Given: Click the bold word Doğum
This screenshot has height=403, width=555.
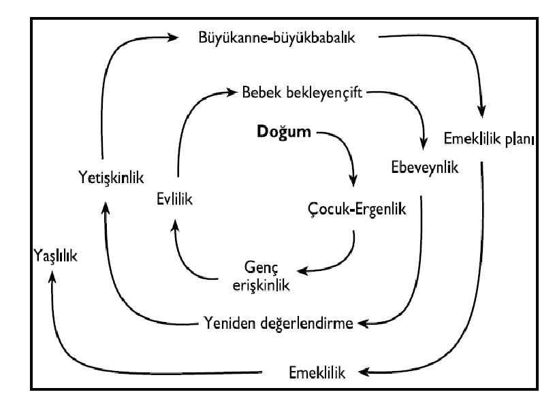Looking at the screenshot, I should (285, 131).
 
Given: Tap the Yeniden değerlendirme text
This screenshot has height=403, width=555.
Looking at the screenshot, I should (279, 322).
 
